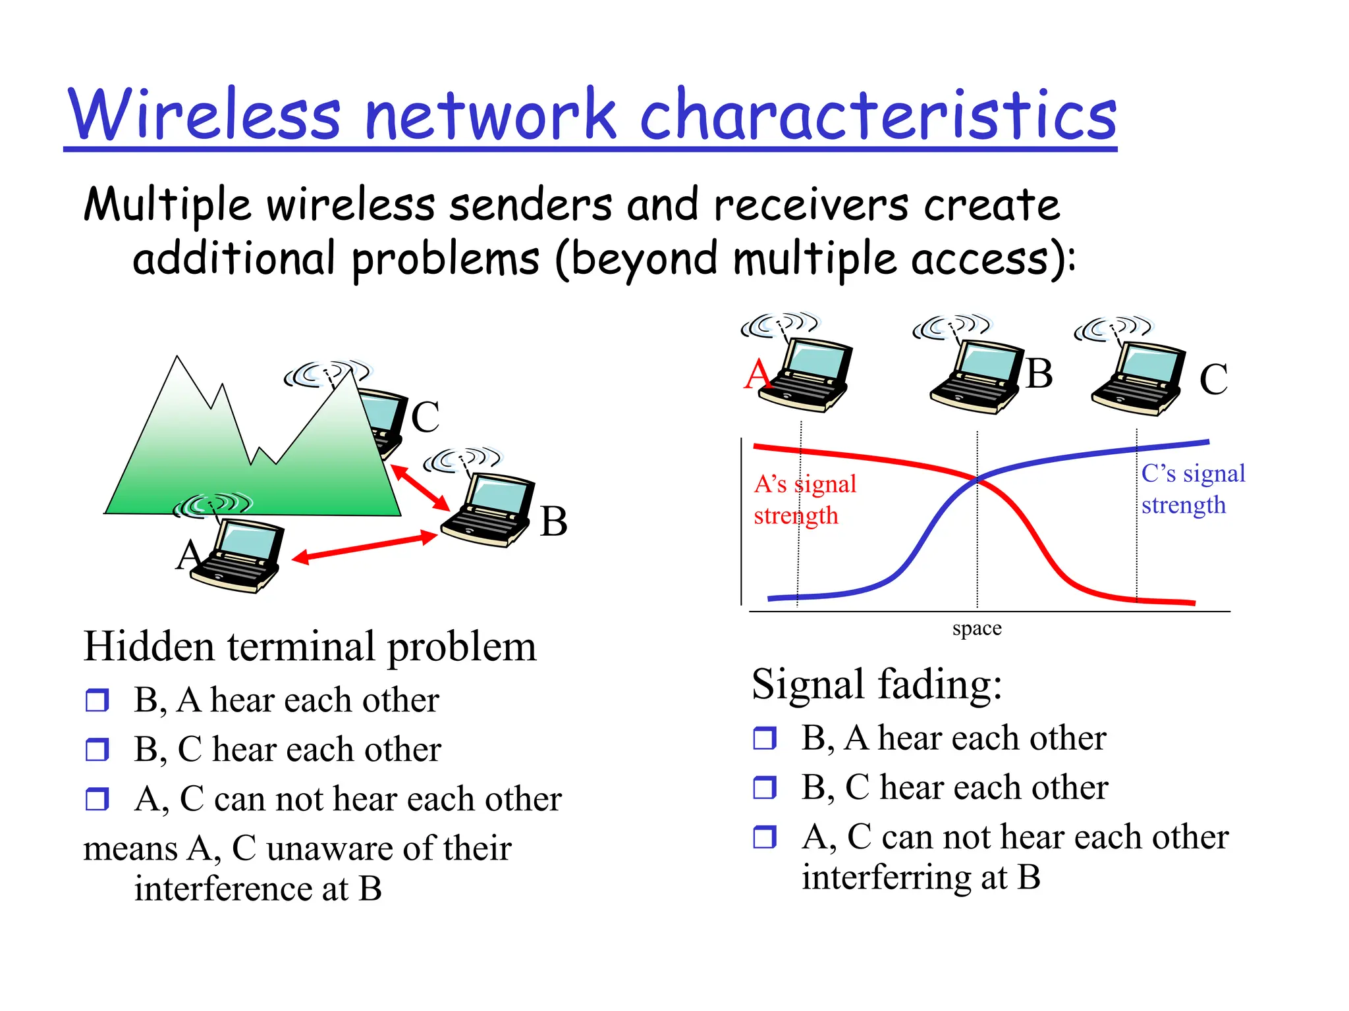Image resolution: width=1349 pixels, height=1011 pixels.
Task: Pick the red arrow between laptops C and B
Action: (x=420, y=487)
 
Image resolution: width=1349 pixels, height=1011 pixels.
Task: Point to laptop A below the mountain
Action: (x=238, y=556)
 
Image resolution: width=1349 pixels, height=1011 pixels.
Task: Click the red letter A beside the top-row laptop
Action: (x=757, y=375)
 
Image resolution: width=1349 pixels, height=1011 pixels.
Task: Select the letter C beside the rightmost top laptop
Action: (x=1213, y=380)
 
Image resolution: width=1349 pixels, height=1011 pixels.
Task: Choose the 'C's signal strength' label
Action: (x=1192, y=489)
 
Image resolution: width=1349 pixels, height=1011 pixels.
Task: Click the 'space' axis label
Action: (x=977, y=629)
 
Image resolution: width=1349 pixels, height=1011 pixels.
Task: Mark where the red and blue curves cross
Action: (x=977, y=480)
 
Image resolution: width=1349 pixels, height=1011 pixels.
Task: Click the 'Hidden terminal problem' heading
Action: (x=310, y=646)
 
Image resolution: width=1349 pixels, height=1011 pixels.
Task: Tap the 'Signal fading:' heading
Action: (x=876, y=685)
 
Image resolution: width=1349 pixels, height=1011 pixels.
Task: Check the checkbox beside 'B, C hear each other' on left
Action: (x=97, y=749)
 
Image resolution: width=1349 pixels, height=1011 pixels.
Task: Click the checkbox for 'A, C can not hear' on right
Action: (x=765, y=837)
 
